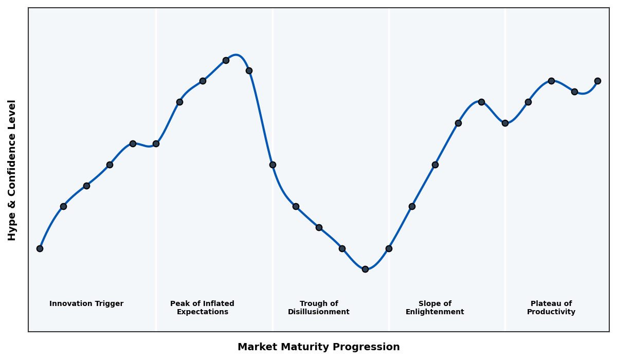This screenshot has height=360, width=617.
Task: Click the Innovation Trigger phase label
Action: coord(86,304)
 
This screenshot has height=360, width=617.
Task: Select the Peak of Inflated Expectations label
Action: coord(202,308)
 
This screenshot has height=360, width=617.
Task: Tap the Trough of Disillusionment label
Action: coord(318,308)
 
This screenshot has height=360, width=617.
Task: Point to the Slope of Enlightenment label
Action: coord(434,308)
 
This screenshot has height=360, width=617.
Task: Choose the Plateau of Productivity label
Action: coord(551,308)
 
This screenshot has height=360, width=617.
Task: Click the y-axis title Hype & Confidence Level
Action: coord(12,170)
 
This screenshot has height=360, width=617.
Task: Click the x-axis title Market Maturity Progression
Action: coord(318,347)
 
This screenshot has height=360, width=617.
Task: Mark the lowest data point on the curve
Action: coord(365,269)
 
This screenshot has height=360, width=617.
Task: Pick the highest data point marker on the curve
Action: coord(226,60)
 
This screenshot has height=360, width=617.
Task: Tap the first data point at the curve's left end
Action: coord(40,248)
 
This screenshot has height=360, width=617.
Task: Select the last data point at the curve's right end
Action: coord(597,81)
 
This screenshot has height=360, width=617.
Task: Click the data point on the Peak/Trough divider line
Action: coord(273,165)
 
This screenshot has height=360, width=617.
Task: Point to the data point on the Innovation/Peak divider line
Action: coord(156,143)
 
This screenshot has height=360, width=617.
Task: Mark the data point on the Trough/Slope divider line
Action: coord(389,248)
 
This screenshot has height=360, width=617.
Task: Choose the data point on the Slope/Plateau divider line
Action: coord(505,123)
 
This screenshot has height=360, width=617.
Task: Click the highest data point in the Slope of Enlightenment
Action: coord(481,102)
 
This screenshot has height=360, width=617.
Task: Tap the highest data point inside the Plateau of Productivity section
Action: coord(551,81)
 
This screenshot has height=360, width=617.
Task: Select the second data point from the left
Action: coord(63,206)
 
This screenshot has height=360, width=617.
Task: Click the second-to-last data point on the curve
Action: coord(574,92)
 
